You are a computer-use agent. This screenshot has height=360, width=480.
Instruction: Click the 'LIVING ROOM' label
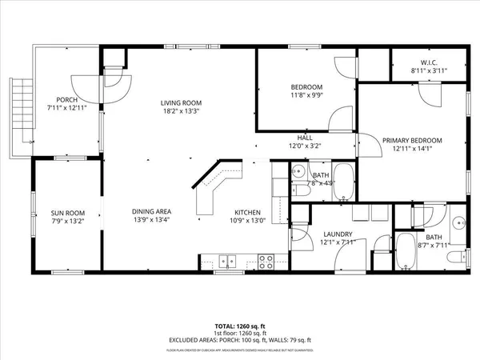[x=180, y=102]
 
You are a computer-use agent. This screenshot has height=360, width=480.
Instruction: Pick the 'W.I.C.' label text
[x=429, y=63]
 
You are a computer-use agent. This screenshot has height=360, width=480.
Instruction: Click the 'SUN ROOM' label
[x=68, y=212]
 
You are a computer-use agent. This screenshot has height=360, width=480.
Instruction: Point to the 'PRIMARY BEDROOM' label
[x=411, y=140]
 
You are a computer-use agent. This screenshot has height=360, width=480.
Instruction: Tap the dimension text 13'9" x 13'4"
[x=151, y=220]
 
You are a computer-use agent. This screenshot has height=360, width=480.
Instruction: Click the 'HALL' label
[x=306, y=138]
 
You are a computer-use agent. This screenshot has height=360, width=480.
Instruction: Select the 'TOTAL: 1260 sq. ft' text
[x=239, y=326]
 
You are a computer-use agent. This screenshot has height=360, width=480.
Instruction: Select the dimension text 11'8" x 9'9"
[x=306, y=94]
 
